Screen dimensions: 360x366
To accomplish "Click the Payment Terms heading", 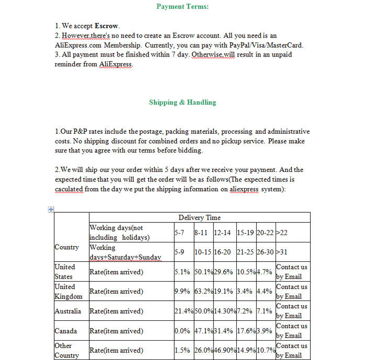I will [x=182, y=7].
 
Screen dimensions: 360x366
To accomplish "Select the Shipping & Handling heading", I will [x=182, y=102].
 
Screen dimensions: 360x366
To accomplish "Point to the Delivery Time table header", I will [x=199, y=217].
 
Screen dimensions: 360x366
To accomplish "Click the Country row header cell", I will [x=66, y=247].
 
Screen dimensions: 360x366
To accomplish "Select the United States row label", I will [x=65, y=272].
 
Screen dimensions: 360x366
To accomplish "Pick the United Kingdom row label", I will [x=68, y=292].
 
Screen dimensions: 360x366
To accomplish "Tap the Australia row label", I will [x=67, y=311].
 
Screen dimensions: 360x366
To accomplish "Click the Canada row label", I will [x=66, y=331].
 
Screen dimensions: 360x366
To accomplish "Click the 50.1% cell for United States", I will [x=203, y=272].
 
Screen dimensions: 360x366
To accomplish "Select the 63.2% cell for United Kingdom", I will [x=203, y=292].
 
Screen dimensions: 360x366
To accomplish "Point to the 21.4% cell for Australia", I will [x=183, y=311].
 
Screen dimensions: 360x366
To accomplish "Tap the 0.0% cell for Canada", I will [x=181, y=331].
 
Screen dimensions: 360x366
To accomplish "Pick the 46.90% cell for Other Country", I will [x=224, y=350].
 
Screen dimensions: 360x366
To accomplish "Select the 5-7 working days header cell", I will [x=180, y=233].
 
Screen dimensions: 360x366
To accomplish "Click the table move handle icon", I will [x=51, y=210].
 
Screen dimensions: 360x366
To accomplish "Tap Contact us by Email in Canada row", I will [x=291, y=331].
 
